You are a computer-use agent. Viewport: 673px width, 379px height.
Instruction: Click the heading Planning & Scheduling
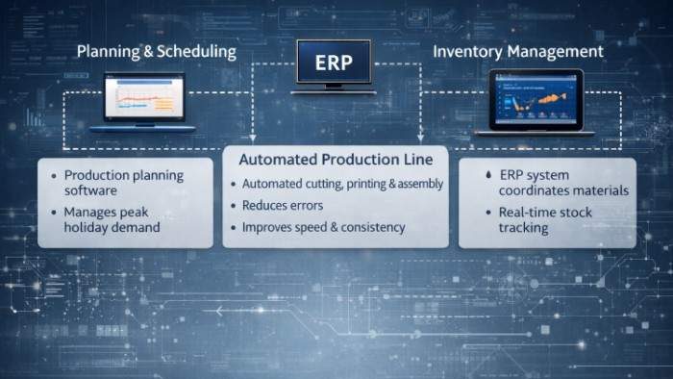pos(156,52)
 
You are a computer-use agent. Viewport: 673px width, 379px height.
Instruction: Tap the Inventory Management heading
pos(518,51)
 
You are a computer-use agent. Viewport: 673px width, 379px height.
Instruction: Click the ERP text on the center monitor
pos(332,64)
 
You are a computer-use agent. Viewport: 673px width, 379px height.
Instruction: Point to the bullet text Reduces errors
pos(283,206)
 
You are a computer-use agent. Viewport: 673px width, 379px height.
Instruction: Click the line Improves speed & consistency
pos(323,228)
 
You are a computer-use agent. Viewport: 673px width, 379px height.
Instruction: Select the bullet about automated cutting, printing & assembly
pos(341,184)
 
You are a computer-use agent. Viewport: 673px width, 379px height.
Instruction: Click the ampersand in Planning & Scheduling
pos(146,52)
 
